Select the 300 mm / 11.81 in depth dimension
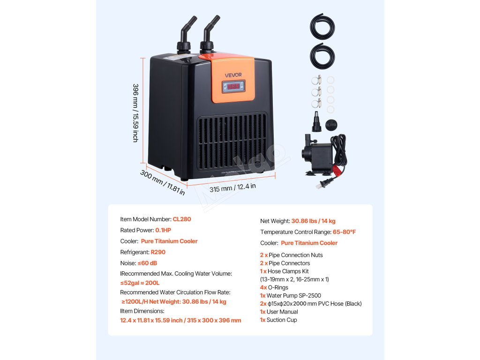(162, 182)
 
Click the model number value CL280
(182, 219)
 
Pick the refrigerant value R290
(158, 252)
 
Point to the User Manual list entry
(282, 312)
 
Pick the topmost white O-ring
(331, 81)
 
